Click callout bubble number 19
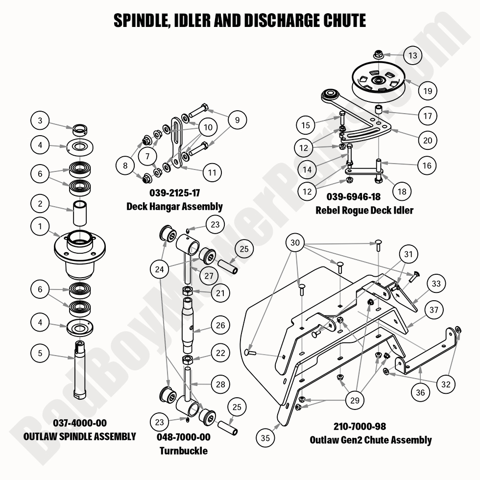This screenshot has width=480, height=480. coord(427,91)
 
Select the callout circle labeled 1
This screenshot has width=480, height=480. coord(40,226)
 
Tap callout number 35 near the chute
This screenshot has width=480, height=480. coord(265,438)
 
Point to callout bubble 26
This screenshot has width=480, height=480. coord(221,325)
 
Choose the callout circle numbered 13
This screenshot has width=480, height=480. coord(413,55)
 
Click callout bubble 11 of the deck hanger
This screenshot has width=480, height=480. coord(212,172)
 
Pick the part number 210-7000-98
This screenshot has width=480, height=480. coord(371,427)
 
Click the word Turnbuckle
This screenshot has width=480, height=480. coord(183,450)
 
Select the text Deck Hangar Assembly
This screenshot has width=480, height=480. coord(174,206)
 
